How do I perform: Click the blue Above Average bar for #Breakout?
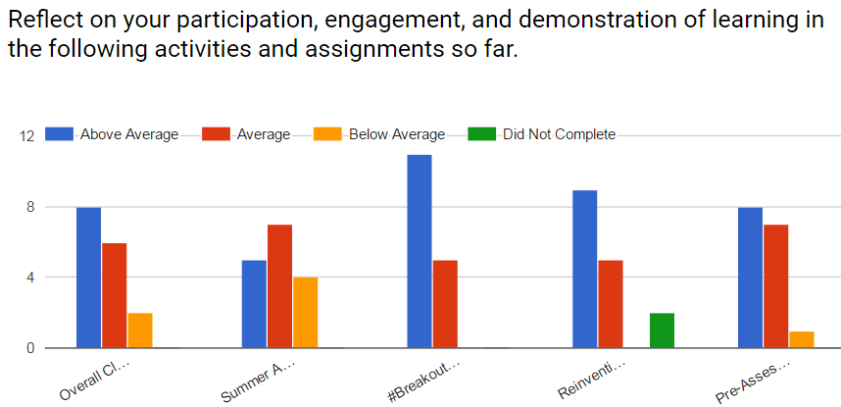[x=420, y=251]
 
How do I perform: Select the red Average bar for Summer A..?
[x=279, y=285]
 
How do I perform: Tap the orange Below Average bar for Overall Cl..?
[x=140, y=331]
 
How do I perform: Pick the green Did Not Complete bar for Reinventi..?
[x=662, y=331]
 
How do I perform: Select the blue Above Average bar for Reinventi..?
[x=585, y=269]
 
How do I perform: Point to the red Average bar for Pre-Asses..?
[x=775, y=285]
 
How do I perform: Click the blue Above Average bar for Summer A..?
[x=254, y=303]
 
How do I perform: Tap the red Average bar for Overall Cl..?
[x=115, y=294]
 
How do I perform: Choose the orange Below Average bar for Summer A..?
[x=305, y=312]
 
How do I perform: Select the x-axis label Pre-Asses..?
[x=752, y=381]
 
